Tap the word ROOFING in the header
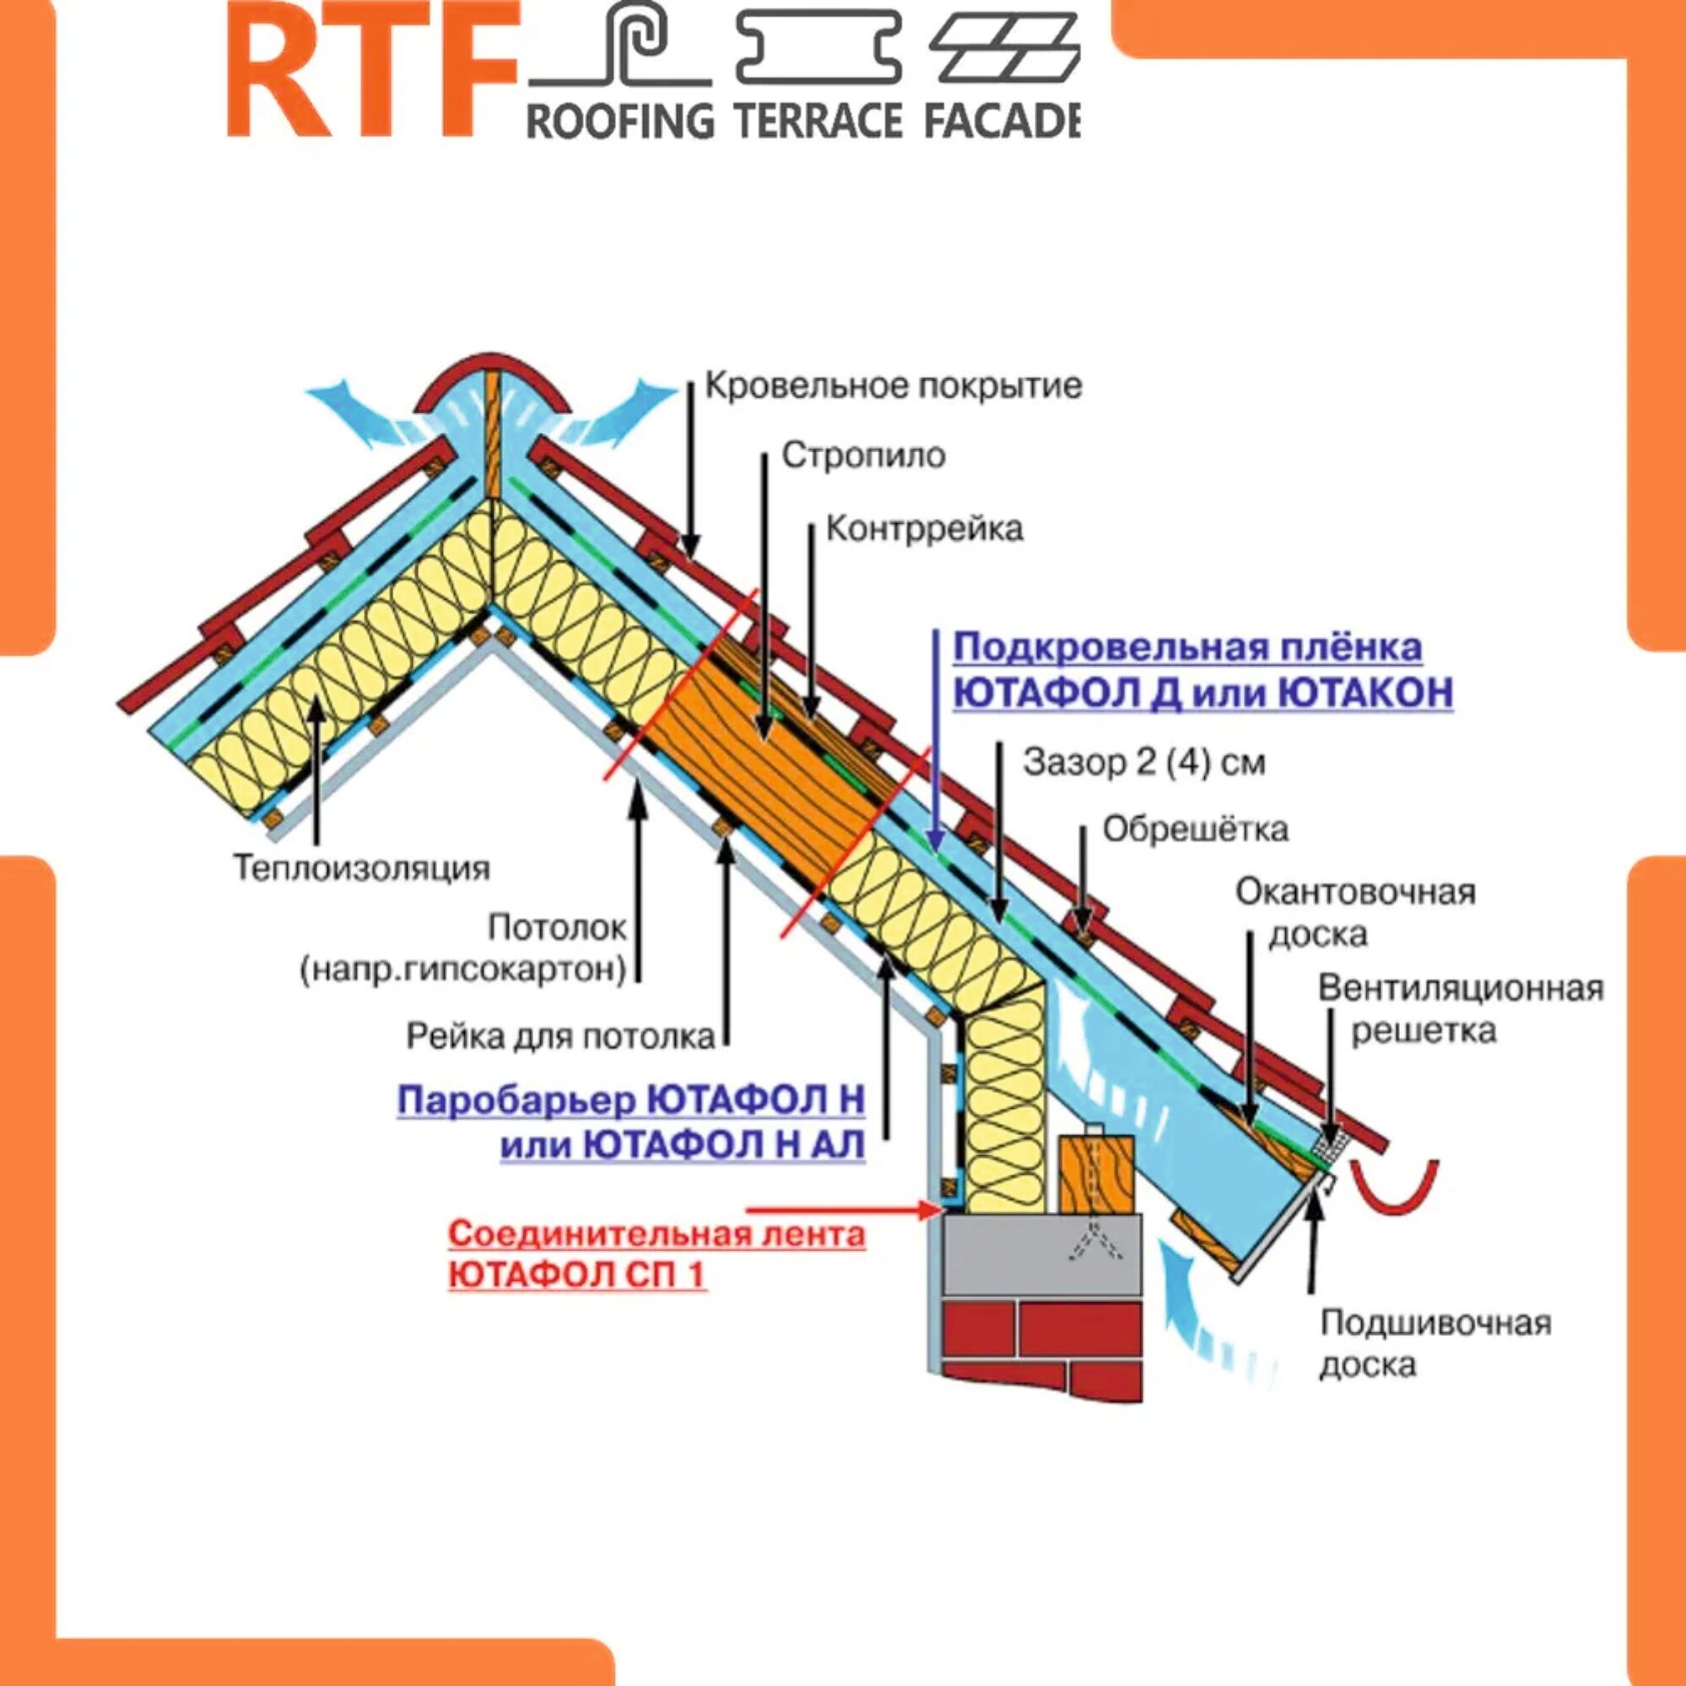coord(620,120)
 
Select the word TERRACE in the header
coord(818,120)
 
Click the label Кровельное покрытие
coord(893,385)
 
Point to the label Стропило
coord(863,456)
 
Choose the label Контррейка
coord(924,529)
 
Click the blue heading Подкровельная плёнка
coord(1186,648)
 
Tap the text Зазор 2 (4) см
coord(1144,763)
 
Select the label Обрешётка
coord(1195,829)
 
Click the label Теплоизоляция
coord(361,867)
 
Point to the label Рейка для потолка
coord(560,1037)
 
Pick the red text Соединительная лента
coord(657,1235)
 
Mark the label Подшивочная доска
coord(1435,1343)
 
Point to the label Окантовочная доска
coord(1354,913)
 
